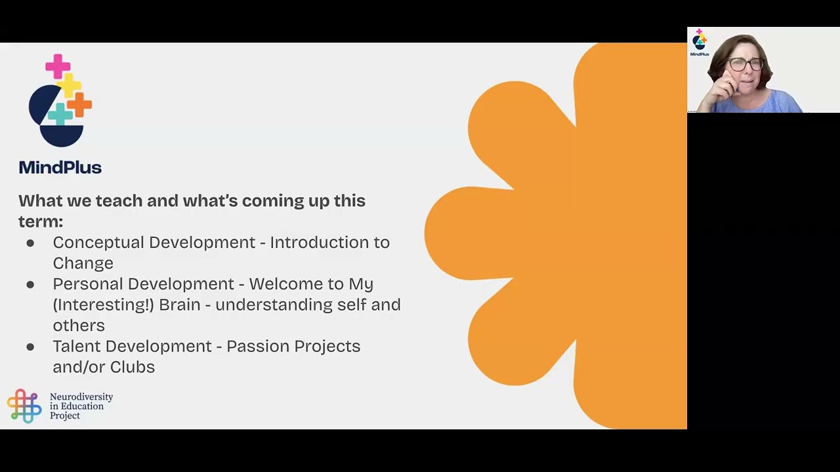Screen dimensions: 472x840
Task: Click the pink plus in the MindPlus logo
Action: (58, 66)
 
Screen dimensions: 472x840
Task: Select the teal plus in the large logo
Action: (60, 114)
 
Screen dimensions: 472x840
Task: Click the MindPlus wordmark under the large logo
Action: (60, 168)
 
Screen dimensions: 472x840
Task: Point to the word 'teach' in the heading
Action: (119, 201)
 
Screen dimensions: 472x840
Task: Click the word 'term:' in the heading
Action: (41, 222)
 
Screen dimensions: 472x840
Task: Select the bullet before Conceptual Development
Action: (30, 243)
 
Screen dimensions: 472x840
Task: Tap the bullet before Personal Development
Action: (30, 285)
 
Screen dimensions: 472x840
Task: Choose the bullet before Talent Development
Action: (30, 347)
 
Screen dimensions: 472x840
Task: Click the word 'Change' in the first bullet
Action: (83, 264)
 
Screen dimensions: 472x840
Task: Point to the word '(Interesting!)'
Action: (103, 305)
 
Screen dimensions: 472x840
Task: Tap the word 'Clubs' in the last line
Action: (133, 367)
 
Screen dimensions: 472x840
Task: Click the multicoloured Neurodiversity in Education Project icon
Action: (24, 406)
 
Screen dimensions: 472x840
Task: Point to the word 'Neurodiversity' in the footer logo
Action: (81, 397)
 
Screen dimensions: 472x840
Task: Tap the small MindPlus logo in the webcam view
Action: (700, 43)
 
